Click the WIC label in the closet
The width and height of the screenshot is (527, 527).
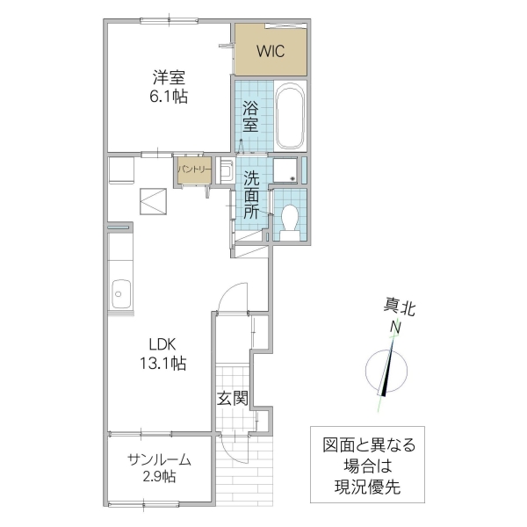click(271, 51)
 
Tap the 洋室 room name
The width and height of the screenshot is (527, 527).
click(168, 76)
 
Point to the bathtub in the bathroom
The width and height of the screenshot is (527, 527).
click(289, 118)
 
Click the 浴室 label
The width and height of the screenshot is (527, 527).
click(250, 117)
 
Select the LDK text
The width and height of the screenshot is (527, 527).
click(162, 344)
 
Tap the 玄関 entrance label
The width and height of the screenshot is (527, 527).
click(233, 398)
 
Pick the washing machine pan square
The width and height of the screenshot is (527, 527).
click(285, 170)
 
